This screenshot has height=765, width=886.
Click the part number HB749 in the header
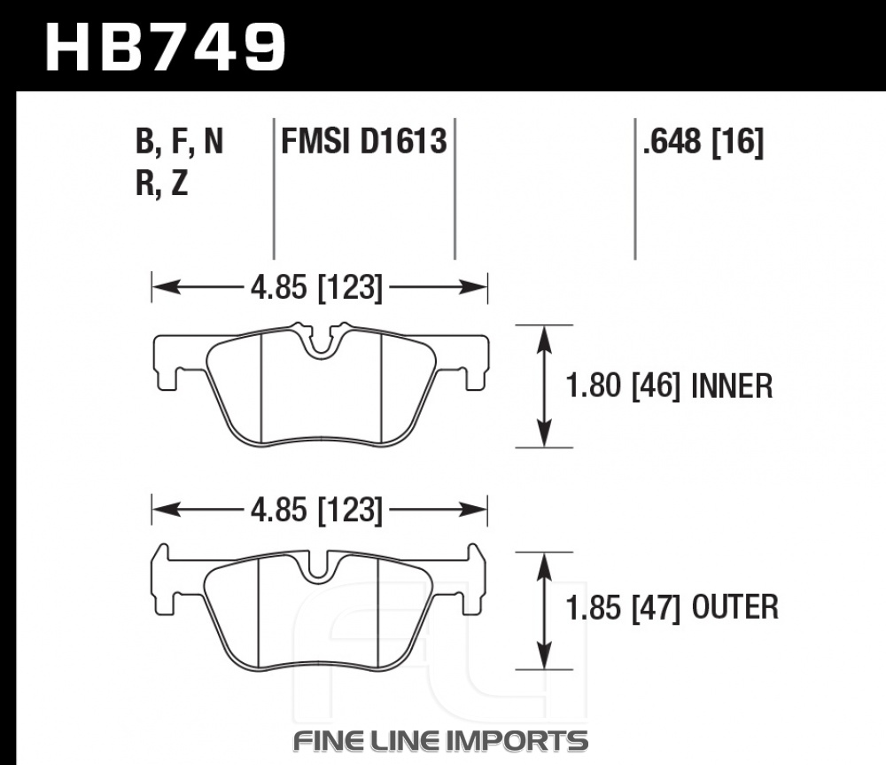[166, 48]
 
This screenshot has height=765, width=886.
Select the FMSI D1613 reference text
[364, 141]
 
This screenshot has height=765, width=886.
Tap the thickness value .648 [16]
[703, 141]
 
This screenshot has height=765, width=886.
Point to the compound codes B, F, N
[180, 141]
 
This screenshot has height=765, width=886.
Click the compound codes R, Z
[161, 183]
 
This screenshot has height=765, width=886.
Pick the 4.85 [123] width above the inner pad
[316, 288]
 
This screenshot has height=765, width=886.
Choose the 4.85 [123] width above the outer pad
[316, 511]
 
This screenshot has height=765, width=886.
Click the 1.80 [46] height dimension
[623, 386]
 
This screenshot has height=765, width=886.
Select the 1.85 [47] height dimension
[623, 608]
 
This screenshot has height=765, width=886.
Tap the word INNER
[732, 386]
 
